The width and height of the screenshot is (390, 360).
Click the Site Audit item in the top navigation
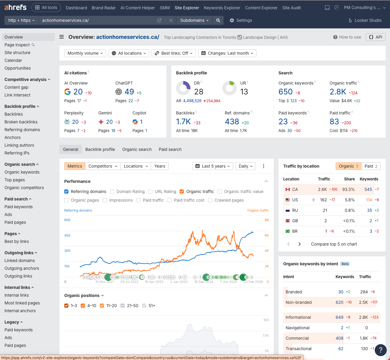coord(291,8)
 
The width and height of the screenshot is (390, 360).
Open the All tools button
coord(46,7)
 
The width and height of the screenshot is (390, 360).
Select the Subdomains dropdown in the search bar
coord(194,20)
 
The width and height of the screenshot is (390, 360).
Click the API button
coord(375,37)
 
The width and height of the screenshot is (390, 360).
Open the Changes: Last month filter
coord(227,53)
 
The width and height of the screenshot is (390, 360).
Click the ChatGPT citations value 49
coord(129,92)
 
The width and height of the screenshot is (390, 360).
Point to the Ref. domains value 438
coord(232,122)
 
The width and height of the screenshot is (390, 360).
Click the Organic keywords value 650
coord(285,92)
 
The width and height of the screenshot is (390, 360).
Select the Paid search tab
coord(170,149)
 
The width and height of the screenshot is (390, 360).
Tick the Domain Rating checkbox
coord(112,192)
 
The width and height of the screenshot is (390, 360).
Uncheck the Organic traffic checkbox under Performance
coord(182,192)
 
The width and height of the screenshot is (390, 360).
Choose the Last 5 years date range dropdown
coord(212,166)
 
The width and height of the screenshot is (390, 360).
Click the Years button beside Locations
coord(160,166)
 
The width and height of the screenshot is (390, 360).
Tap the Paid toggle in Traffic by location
coord(371,166)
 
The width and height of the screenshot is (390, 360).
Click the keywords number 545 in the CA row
coord(368,189)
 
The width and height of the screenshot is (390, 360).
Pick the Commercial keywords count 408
coord(339,338)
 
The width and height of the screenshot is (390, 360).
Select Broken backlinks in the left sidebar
coord(21,122)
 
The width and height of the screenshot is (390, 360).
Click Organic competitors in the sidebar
coord(24,188)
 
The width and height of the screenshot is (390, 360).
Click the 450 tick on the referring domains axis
coord(67,235)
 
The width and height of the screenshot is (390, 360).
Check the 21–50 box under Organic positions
coord(123,306)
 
